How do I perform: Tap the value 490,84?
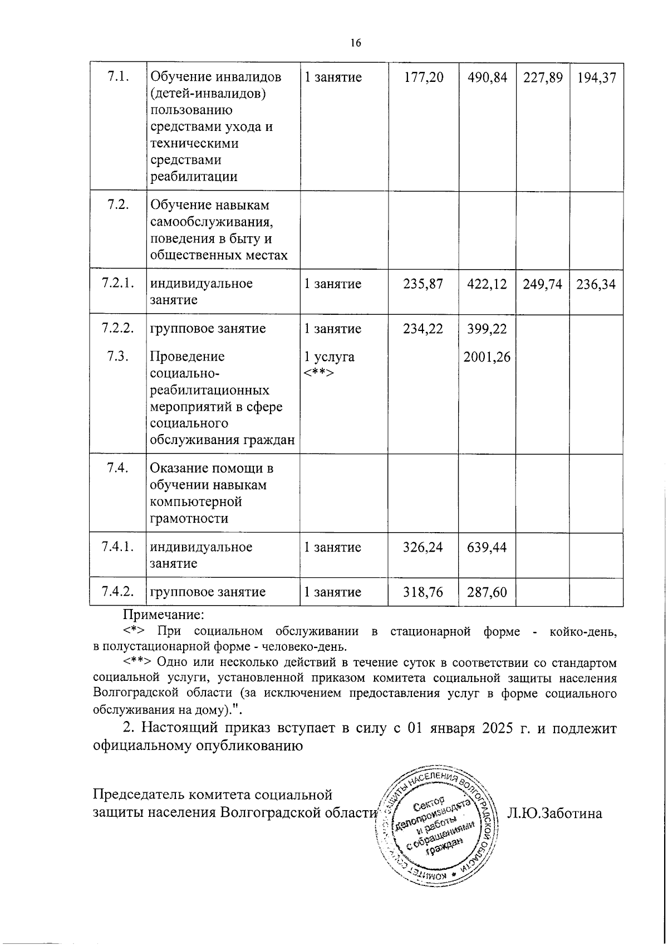(x=487, y=77)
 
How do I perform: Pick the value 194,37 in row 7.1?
(x=596, y=77)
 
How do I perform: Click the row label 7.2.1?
(x=118, y=284)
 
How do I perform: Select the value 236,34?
(x=596, y=284)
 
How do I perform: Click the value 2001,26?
(x=487, y=357)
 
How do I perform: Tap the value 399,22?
(x=487, y=329)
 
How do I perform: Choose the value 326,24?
(x=423, y=547)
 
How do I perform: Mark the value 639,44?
(x=487, y=547)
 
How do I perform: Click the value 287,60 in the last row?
(x=487, y=592)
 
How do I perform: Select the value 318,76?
(x=423, y=592)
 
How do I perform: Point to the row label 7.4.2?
(x=118, y=592)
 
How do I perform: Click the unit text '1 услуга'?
(x=329, y=357)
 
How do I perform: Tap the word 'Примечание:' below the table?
(x=164, y=615)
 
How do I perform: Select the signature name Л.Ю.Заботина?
(x=554, y=814)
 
